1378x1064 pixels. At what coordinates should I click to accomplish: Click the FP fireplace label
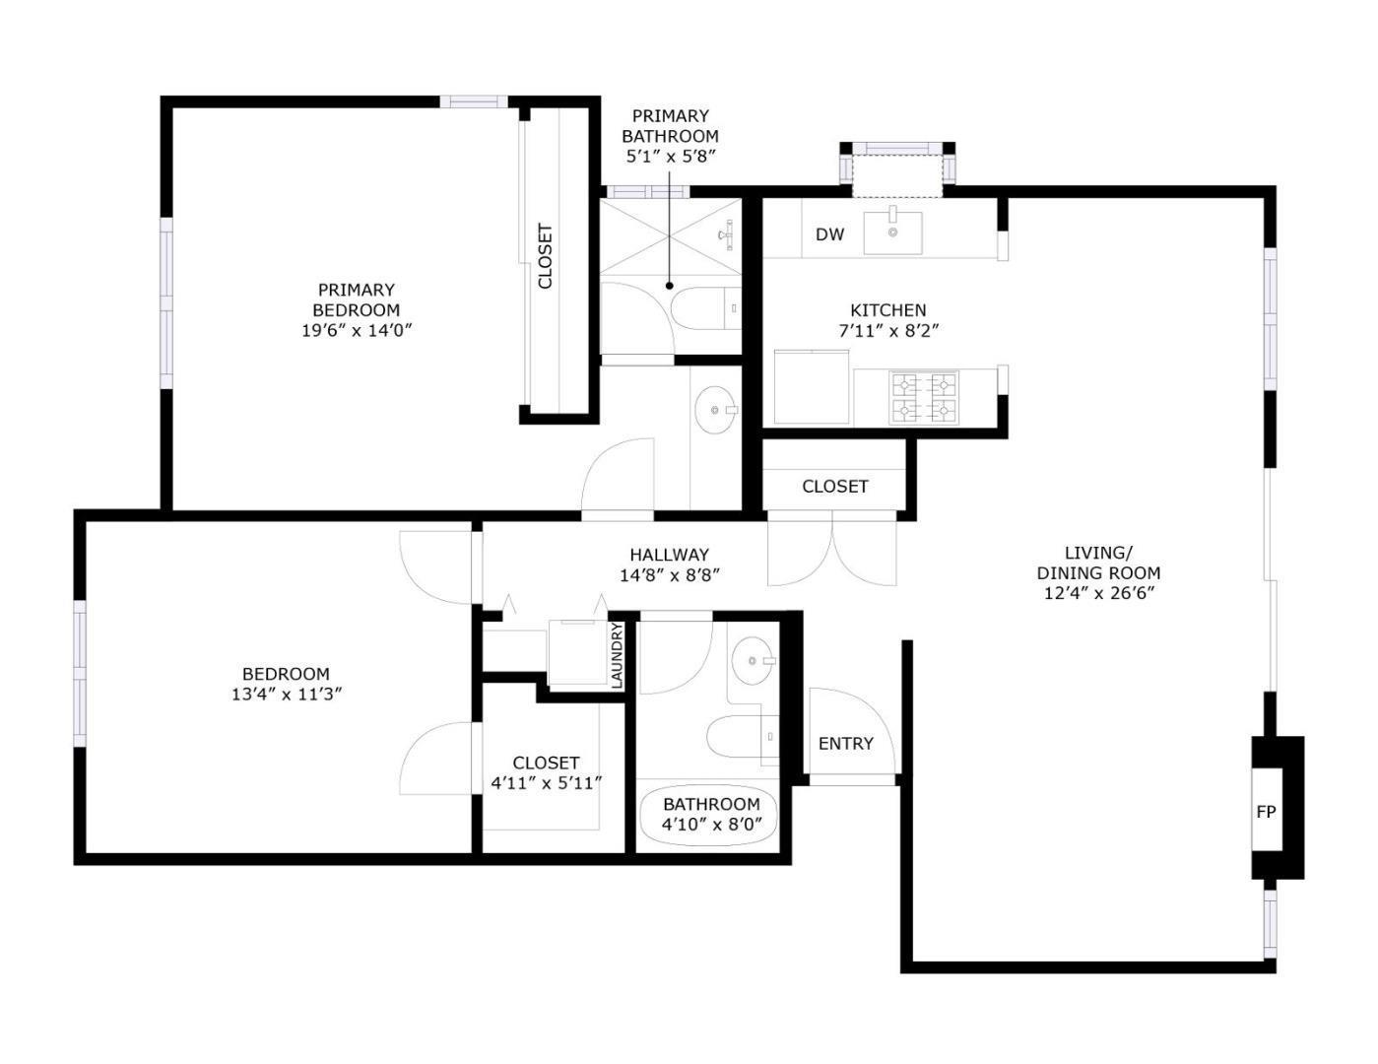point(1266,812)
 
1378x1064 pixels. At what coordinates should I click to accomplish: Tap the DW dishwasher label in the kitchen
point(829,234)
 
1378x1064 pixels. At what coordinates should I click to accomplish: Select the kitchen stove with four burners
point(924,397)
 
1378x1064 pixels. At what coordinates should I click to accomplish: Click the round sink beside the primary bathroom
point(715,410)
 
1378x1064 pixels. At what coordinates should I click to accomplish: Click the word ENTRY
point(845,744)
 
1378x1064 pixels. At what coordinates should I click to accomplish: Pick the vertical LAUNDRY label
point(618,655)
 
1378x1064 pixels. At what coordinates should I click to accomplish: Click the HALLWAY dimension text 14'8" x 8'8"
point(669,575)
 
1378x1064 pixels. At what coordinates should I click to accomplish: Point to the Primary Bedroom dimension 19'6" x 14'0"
point(356,330)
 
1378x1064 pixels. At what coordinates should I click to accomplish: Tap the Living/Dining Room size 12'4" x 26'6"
point(1098,593)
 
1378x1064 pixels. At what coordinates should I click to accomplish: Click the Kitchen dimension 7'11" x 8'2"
point(887,331)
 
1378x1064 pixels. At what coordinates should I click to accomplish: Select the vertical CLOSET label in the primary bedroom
point(545,257)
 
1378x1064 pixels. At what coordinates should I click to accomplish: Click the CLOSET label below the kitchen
point(834,487)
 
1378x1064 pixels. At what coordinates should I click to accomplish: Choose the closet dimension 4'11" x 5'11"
point(546,783)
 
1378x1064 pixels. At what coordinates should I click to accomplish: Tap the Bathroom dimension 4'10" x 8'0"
point(710,825)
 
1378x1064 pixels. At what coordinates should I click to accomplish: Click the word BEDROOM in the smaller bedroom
point(286,674)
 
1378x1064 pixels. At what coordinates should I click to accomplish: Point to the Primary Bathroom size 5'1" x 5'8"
point(669,156)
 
